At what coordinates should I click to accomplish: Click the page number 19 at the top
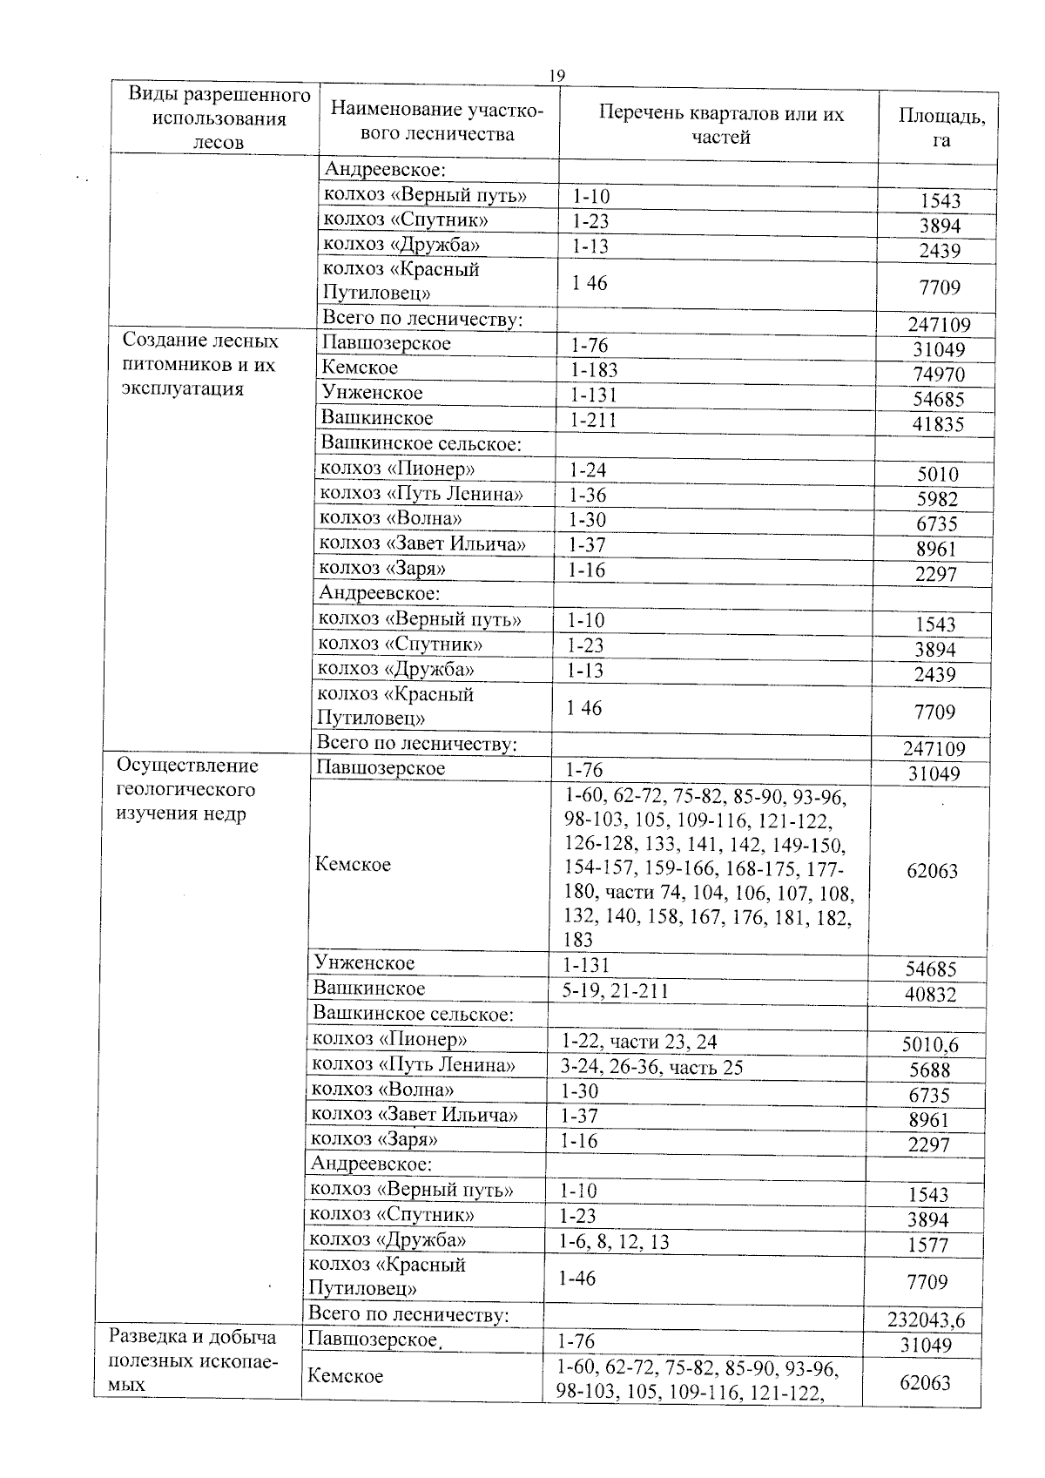pyautogui.click(x=556, y=77)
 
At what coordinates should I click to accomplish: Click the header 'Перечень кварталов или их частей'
pyautogui.click(x=721, y=125)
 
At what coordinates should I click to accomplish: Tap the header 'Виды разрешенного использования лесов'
pyautogui.click(x=219, y=118)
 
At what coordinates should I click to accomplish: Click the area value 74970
pyautogui.click(x=937, y=375)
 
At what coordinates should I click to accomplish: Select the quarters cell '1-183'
pyautogui.click(x=593, y=370)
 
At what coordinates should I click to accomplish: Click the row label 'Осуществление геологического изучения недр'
pyautogui.click(x=187, y=789)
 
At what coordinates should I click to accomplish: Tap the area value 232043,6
pyautogui.click(x=926, y=1320)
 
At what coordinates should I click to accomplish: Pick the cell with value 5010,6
pyautogui.click(x=931, y=1044)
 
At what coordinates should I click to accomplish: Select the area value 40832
pyautogui.click(x=930, y=995)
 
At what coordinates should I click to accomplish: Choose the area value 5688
pyautogui.click(x=929, y=1070)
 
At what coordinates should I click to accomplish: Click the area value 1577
pyautogui.click(x=927, y=1245)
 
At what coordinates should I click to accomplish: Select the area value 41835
pyautogui.click(x=937, y=425)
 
